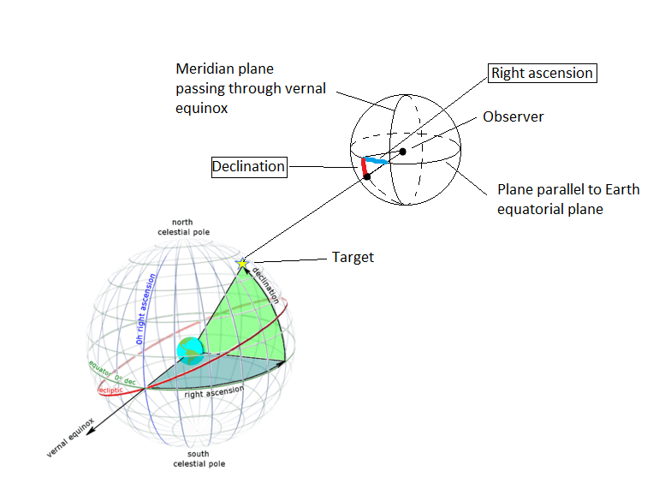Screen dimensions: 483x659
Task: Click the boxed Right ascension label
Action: (541, 74)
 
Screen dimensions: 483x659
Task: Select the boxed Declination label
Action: (249, 166)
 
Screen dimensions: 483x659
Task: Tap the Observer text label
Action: (514, 116)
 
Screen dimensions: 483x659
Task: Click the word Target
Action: (353, 257)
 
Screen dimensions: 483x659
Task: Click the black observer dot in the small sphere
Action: (402, 152)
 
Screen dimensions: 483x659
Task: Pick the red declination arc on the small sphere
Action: (365, 168)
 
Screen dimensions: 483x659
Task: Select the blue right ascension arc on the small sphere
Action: (377, 161)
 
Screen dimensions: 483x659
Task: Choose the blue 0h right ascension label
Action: (145, 309)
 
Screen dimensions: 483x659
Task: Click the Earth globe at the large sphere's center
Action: (189, 351)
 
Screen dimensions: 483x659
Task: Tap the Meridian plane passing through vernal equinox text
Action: (250, 88)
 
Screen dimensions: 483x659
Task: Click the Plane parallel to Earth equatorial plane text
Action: (568, 199)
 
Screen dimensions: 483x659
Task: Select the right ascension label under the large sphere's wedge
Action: (214, 392)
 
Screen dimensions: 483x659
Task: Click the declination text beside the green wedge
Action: (268, 285)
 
